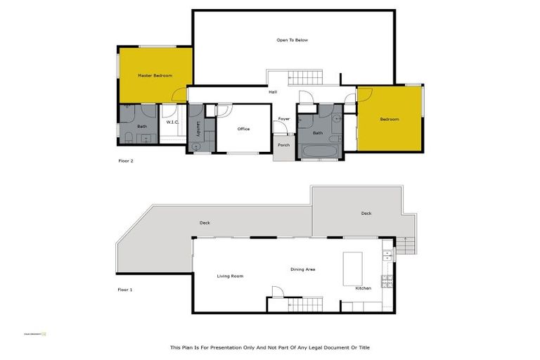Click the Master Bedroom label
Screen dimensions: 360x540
pos(155,75)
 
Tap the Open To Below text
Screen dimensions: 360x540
pos(292,40)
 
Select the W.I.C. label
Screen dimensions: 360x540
pos(173,122)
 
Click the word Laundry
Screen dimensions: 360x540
pos(199,129)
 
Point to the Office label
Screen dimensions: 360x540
pos(243,129)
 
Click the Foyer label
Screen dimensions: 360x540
pos(284,119)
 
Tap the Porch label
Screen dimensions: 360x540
pos(283,145)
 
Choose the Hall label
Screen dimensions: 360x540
pos(273,92)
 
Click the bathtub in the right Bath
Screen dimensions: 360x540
pos(319,150)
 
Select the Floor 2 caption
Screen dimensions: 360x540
pos(125,161)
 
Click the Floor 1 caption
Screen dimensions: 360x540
pos(125,289)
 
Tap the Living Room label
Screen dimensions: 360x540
pos(230,276)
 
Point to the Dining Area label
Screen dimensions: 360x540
pos(302,269)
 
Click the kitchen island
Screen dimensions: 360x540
pos(352,269)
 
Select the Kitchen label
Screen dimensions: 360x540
pos(363,288)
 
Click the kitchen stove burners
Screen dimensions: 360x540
pos(386,282)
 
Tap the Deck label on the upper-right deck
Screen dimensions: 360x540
pos(366,213)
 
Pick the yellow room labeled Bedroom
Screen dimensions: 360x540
pos(390,119)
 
